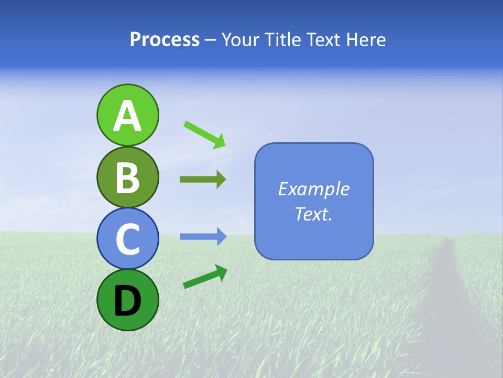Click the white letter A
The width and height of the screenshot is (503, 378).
click(127, 117)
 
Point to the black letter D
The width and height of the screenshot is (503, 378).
click(127, 301)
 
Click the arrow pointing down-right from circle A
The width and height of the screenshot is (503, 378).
click(205, 134)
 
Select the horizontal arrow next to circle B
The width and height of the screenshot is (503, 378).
click(203, 180)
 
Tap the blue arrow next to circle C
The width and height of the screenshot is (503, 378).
click(203, 237)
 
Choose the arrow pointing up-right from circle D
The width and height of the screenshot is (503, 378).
click(205, 277)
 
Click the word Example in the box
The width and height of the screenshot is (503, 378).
click(313, 189)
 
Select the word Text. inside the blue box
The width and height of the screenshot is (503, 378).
click(313, 214)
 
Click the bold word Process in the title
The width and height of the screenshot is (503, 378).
click(165, 40)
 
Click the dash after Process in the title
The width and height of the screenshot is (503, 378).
click(211, 40)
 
